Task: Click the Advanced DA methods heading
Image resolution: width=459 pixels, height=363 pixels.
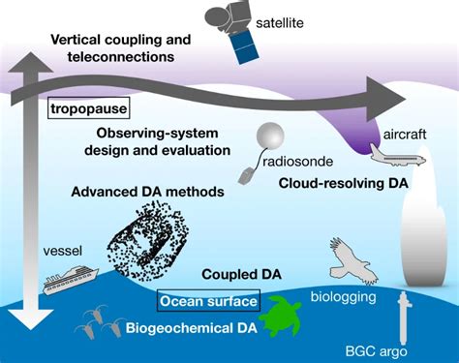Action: coord(147,192)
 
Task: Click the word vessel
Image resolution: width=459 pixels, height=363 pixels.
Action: coord(63,249)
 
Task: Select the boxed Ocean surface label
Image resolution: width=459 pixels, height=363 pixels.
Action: coord(209,301)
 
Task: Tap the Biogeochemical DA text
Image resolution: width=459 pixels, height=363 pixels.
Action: coord(189,327)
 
